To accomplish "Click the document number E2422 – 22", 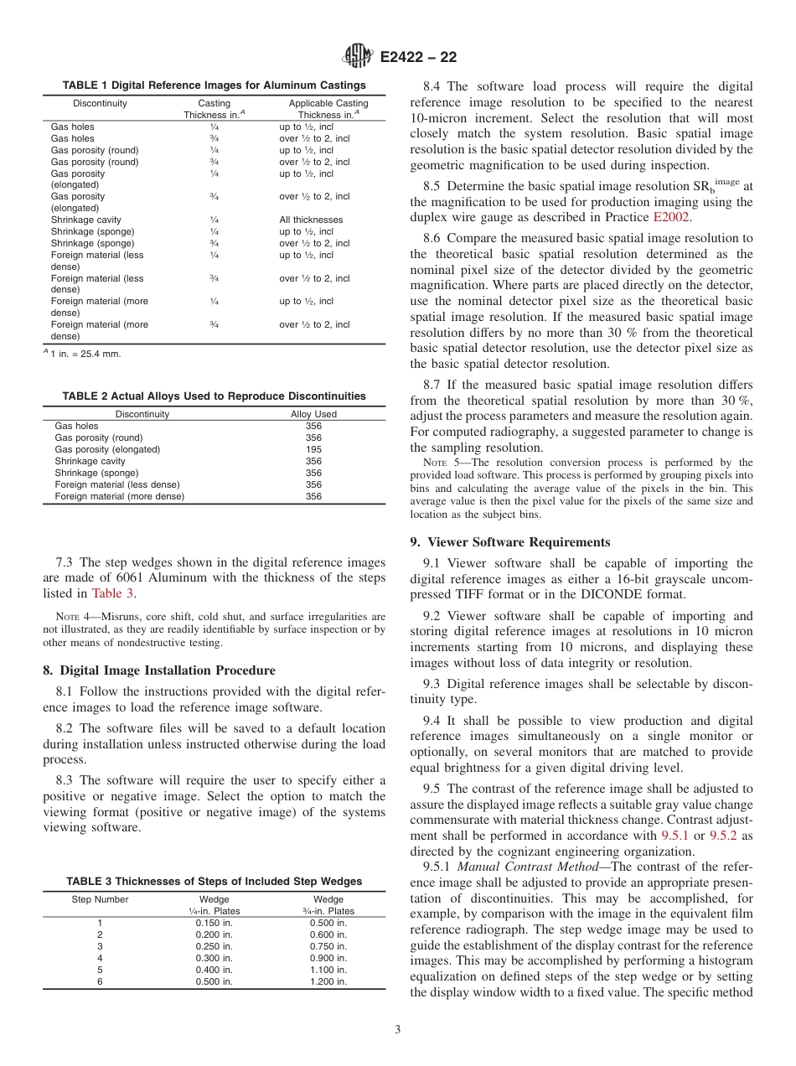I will tap(419, 58).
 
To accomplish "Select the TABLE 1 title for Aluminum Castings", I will tap(215, 85).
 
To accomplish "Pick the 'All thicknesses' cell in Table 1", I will tap(311, 220).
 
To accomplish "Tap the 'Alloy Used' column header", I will tap(313, 414).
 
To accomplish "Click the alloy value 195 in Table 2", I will tap(313, 449).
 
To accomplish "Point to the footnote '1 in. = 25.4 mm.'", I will tap(83, 354).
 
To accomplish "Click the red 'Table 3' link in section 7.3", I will tap(112, 593).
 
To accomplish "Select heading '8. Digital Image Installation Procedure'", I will tap(158, 670).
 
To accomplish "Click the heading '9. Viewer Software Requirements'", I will tap(510, 542).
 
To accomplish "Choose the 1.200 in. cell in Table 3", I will tap(328, 981).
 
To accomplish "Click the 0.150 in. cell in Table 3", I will tap(214, 923).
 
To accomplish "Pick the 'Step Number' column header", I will tap(101, 899).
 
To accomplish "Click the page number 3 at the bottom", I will tap(398, 1030).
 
